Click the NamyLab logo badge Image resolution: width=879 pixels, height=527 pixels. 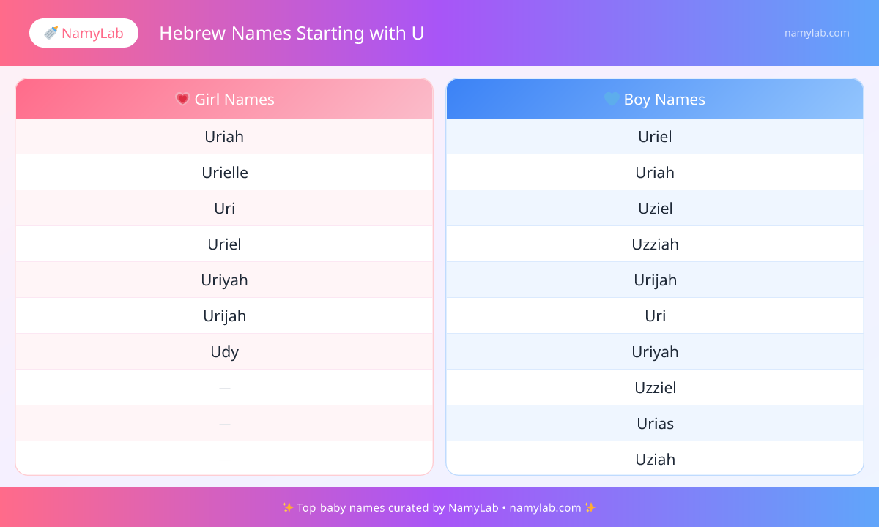(84, 33)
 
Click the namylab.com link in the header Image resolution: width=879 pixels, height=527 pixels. (817, 33)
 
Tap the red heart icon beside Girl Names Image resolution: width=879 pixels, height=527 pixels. (182, 99)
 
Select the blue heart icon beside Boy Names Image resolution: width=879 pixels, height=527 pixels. (612, 99)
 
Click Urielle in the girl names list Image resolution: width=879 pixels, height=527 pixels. (225, 173)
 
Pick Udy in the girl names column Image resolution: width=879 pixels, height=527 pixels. (224, 352)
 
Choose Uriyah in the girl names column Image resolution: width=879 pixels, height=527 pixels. (224, 280)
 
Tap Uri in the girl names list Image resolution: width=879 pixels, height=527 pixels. (224, 208)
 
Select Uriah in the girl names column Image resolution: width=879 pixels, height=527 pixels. (224, 136)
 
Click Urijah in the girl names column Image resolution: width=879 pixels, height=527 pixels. (224, 316)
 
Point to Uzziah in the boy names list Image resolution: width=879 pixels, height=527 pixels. (655, 244)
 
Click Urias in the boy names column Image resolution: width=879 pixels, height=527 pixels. (655, 424)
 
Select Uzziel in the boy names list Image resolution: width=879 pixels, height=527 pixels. (656, 388)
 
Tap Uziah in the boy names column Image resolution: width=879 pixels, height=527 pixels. (656, 460)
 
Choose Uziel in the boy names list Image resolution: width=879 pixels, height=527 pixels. (656, 208)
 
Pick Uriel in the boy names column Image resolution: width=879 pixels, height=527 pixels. (655, 136)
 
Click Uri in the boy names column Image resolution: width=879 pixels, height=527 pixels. (656, 316)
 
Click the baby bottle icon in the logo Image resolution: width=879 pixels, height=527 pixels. (51, 33)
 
